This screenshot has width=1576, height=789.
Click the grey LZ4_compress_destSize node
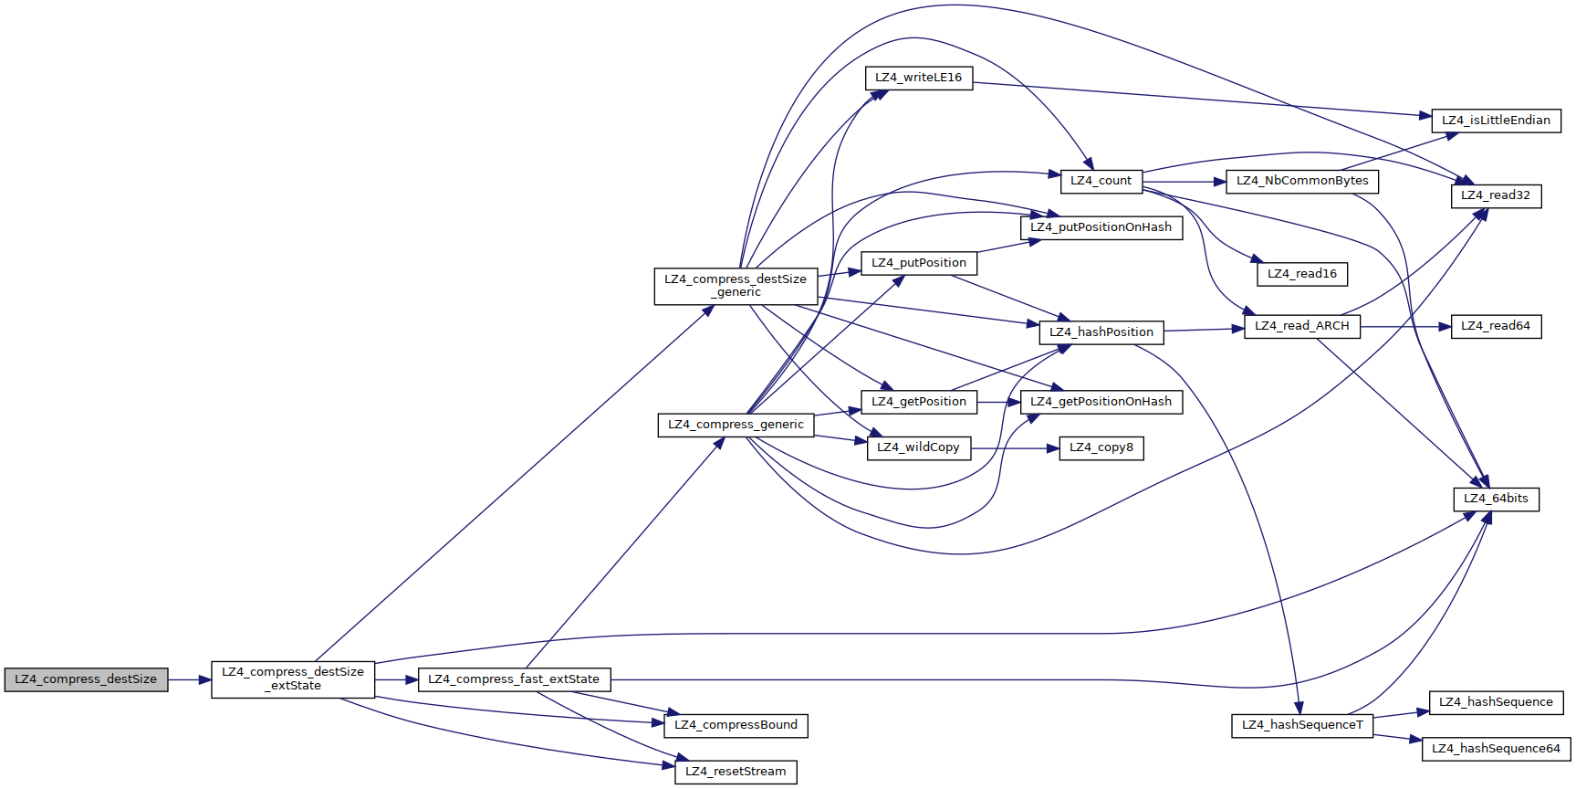click(x=86, y=679)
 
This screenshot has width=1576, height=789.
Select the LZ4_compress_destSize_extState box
click(x=293, y=679)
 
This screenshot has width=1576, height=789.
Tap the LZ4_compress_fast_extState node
click(x=514, y=679)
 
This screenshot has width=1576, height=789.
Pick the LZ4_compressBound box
click(x=736, y=725)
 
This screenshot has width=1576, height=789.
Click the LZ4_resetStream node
click(x=736, y=772)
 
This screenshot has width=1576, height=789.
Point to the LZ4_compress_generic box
click(x=736, y=425)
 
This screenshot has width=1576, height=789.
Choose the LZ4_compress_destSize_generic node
click(x=736, y=286)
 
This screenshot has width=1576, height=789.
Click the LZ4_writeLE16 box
click(x=918, y=78)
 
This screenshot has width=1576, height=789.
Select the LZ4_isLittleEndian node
click(x=1496, y=121)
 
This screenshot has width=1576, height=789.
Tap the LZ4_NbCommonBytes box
click(x=1302, y=181)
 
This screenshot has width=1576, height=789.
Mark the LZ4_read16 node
click(x=1302, y=274)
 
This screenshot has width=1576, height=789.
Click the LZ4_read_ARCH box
click(x=1302, y=326)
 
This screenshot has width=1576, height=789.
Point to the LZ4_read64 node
click(x=1496, y=326)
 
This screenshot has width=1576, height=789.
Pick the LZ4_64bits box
click(x=1496, y=499)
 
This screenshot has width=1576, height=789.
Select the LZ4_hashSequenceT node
click(x=1302, y=725)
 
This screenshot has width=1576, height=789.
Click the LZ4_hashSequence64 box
click(x=1496, y=749)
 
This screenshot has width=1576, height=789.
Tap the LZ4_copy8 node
click(x=1101, y=447)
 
